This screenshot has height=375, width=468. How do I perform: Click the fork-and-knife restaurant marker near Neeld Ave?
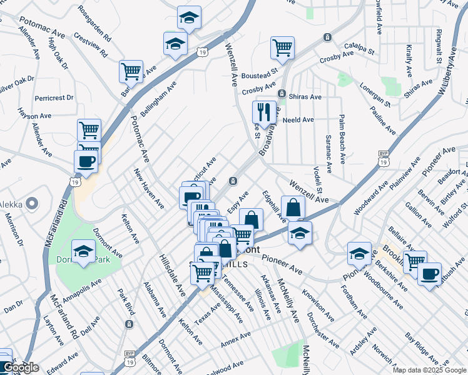[x=264, y=112]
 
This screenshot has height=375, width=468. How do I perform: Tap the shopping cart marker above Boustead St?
[x=283, y=47]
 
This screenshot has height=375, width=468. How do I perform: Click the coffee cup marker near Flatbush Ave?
[x=429, y=274]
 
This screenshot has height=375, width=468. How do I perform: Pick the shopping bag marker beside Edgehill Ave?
[x=293, y=207]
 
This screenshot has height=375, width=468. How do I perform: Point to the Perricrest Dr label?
[x=54, y=98]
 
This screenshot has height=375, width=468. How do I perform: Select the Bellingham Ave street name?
[x=159, y=98]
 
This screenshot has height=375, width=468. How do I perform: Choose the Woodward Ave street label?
[x=367, y=199]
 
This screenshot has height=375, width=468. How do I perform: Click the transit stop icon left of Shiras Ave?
[x=282, y=94]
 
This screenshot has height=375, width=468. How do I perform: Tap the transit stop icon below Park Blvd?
[x=129, y=324]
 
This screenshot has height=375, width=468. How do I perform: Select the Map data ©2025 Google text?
[x=429, y=370]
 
